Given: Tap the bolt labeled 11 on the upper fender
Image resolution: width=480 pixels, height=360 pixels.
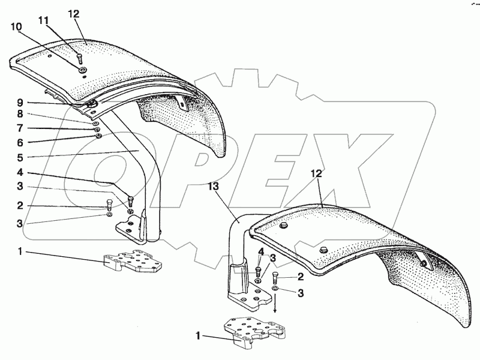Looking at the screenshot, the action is pyautogui.click(x=79, y=58).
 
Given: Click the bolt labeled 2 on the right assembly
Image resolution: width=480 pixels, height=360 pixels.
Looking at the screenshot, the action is pyautogui.click(x=275, y=278).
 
